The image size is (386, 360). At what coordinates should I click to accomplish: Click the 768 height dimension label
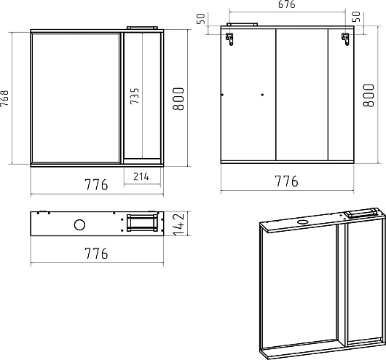pos(4,98)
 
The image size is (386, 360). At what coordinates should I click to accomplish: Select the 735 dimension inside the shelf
pos(135,96)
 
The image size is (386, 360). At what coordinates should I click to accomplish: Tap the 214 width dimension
pos(141,176)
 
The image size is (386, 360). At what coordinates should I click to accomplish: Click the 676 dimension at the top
pos(287,4)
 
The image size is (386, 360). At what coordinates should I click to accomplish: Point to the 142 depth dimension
pos(179,224)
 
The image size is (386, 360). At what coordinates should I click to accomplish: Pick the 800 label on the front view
pos(178,99)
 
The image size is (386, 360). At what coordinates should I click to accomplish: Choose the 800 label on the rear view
pos(369,95)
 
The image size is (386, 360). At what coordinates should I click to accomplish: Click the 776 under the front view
pos(96,184)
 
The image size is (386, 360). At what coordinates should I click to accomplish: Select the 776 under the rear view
pos(286,181)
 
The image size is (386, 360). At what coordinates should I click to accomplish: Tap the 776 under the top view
pos(96,254)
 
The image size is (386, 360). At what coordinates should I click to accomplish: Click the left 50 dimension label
pos(200,19)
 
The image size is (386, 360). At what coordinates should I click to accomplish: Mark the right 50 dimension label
pos(356,17)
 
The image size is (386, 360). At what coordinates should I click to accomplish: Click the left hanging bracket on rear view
pos(229,39)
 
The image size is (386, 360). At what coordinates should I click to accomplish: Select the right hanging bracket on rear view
pos(345,39)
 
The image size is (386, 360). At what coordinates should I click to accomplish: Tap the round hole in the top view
pos(79,224)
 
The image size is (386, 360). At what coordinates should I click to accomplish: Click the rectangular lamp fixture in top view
pos(142,223)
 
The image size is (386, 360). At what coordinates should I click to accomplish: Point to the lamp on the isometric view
pos(361,213)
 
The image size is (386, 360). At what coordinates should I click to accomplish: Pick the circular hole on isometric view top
pos(302,222)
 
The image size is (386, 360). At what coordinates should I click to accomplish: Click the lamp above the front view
pos(142,28)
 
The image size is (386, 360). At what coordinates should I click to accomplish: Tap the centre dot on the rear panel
pos(262,95)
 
